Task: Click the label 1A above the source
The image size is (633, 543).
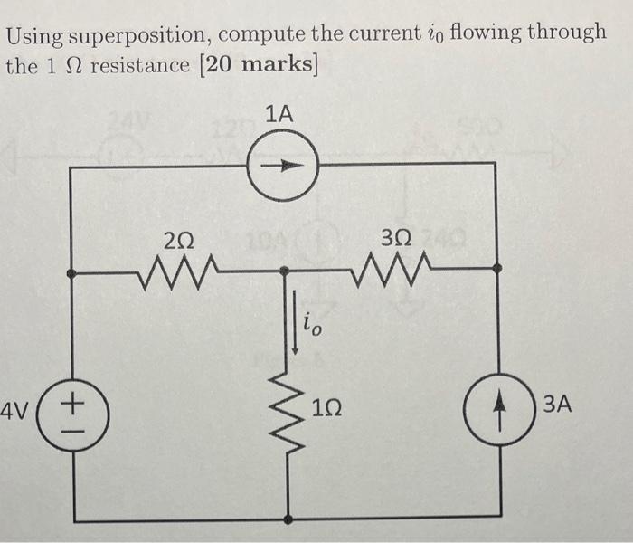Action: click(x=281, y=113)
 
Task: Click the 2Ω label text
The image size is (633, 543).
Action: click(x=178, y=239)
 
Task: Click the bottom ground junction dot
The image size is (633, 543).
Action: click(x=288, y=520)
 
